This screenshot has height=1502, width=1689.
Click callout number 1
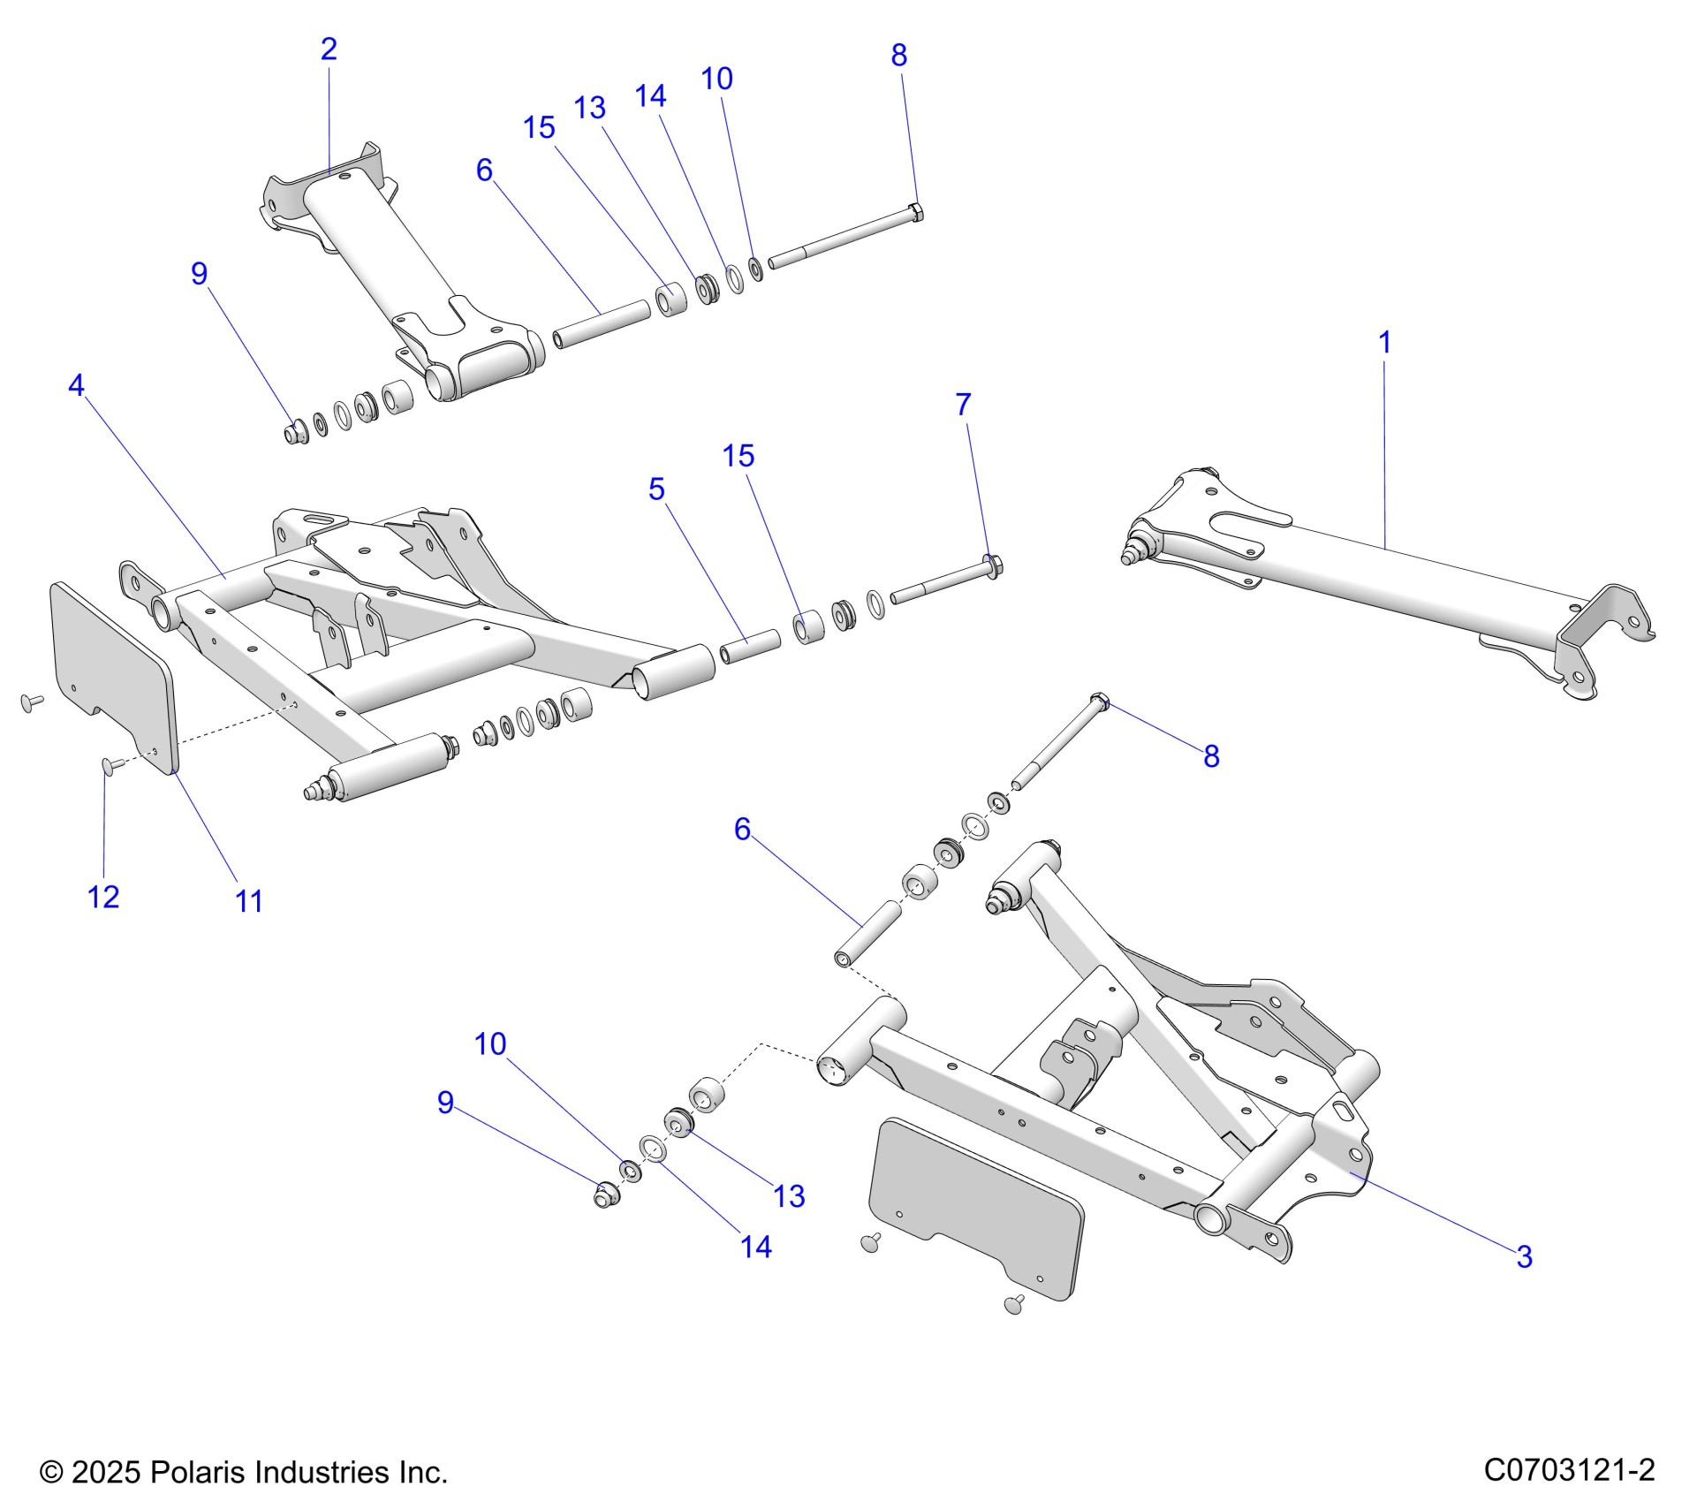[x=1384, y=342]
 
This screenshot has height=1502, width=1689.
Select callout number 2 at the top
[x=329, y=49]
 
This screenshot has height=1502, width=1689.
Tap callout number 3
[x=1524, y=1256]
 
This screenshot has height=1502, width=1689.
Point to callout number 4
[x=77, y=385]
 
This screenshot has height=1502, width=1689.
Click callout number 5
[x=655, y=489]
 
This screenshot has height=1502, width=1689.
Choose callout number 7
[x=963, y=405]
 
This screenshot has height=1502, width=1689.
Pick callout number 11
[x=249, y=901]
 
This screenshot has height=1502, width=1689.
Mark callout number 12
[x=103, y=897]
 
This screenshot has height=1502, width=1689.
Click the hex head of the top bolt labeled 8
[x=915, y=211]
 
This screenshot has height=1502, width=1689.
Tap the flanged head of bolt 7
[x=993, y=565]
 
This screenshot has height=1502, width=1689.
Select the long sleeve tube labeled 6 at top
[x=601, y=323]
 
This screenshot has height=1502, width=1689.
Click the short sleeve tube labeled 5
[x=749, y=649]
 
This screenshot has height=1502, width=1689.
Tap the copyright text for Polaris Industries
[x=244, y=1472]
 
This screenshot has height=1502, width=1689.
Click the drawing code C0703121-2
[x=1569, y=1470]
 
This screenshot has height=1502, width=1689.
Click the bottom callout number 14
[x=756, y=1247]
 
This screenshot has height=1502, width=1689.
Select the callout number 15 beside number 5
[x=738, y=456]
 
